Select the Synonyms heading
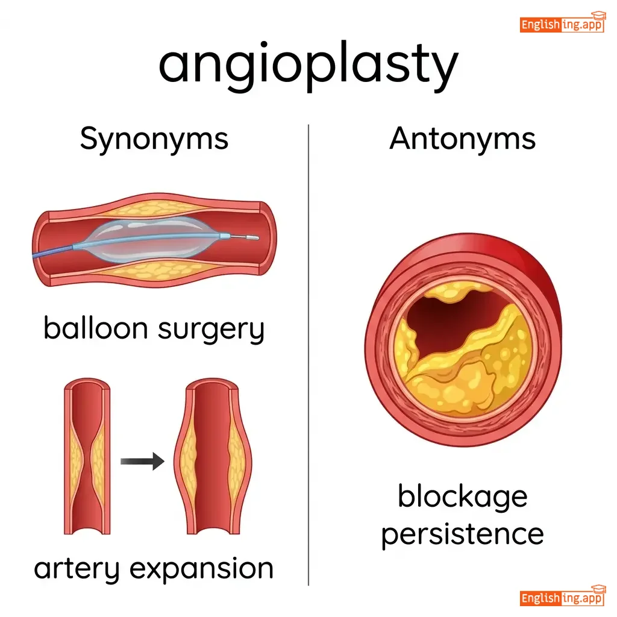click(154, 139)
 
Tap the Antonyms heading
click(462, 139)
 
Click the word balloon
click(96, 328)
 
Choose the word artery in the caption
click(77, 569)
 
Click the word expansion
click(201, 568)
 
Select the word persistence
click(462, 535)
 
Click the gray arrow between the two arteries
click(142, 461)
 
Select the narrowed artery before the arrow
click(87, 456)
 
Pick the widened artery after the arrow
click(213, 456)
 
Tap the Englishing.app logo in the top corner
click(562, 22)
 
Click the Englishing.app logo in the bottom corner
click(562, 596)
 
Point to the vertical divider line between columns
click(308, 355)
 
